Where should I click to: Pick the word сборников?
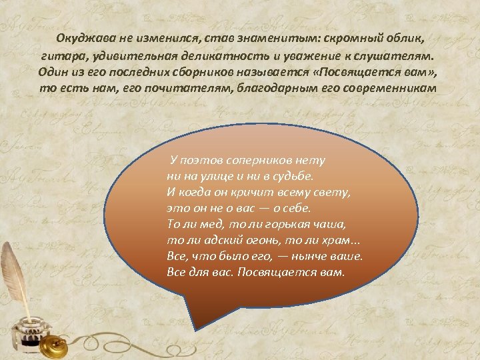[200, 73]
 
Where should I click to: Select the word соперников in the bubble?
[255, 161]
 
